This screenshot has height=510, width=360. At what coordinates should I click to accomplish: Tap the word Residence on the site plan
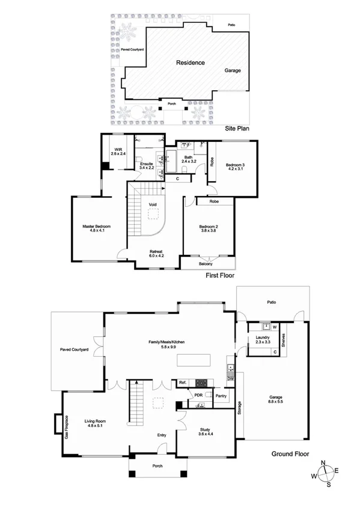pyautogui.click(x=190, y=63)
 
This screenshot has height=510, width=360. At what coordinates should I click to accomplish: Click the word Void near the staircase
pyautogui.click(x=153, y=204)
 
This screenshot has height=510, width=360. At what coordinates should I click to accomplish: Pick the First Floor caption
pyautogui.click(x=220, y=275)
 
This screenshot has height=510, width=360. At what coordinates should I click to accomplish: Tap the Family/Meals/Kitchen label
pyautogui.click(x=166, y=343)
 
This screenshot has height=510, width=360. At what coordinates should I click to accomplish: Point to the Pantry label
pyautogui.click(x=221, y=396)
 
